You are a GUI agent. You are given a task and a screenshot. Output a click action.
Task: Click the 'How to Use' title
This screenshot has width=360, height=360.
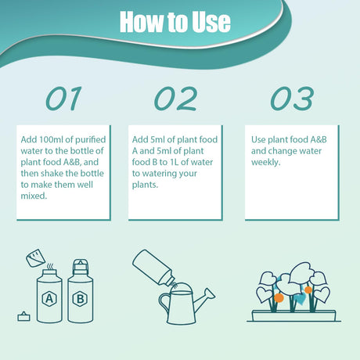(x=175, y=22)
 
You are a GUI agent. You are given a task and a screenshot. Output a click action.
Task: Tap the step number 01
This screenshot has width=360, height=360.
(x=63, y=99)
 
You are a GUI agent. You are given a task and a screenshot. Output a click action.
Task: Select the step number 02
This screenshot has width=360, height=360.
(x=175, y=99)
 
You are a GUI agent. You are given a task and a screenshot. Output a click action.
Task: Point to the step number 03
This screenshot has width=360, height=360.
(x=292, y=99)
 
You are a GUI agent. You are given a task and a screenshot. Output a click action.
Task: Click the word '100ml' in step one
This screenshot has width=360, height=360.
(x=51, y=139)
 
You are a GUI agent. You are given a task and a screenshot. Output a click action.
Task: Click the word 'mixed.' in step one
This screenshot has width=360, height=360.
(x=34, y=196)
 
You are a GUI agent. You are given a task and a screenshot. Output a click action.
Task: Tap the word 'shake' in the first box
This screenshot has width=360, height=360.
(x=59, y=173)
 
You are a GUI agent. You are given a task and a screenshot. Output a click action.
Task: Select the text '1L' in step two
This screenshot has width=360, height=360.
(x=174, y=162)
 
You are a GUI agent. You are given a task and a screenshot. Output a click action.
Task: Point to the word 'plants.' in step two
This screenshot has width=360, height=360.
(x=145, y=185)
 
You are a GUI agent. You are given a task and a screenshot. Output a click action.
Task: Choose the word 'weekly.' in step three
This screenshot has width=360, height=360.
(x=266, y=162)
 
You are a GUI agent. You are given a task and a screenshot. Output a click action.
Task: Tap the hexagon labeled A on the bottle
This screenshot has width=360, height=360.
(x=49, y=299)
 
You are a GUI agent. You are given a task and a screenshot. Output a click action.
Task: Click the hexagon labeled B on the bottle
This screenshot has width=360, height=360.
(x=80, y=299)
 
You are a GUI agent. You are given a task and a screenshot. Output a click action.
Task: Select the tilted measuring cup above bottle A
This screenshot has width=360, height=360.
(x=35, y=258)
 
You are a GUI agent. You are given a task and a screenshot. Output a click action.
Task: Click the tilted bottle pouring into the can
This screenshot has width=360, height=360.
(x=153, y=268)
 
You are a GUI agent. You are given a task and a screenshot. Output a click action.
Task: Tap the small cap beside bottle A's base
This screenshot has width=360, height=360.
(x=23, y=316)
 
